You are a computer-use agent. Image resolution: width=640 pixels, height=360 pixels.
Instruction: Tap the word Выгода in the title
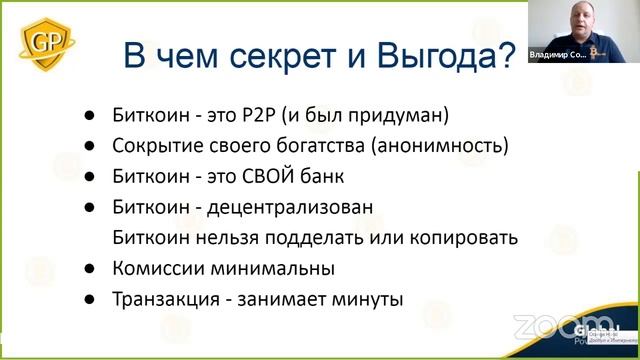[x=440, y=55]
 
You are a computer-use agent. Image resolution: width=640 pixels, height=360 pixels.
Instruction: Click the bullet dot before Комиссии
[x=90, y=269]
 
